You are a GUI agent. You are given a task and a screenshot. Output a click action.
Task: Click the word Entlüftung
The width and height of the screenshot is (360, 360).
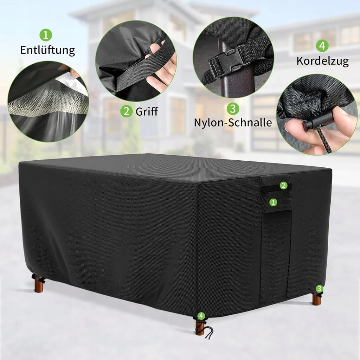point(47,50)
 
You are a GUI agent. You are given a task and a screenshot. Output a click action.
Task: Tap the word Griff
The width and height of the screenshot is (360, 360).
point(147,111)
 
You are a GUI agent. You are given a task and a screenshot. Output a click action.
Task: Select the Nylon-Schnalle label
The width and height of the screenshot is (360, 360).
point(233,123)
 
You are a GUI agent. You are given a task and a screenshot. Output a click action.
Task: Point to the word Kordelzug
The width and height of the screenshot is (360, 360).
point(322,61)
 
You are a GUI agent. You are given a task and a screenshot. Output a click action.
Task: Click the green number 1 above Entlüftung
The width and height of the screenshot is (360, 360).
point(46,35)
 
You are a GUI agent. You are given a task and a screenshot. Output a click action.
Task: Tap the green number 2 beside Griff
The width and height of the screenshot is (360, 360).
point(127,111)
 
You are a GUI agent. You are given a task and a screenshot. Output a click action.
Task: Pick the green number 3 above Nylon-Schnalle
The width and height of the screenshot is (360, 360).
point(233,109)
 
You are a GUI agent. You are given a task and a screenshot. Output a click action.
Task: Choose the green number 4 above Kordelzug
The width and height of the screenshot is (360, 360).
point(322,46)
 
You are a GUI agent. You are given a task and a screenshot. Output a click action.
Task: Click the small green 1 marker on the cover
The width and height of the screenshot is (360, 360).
point(273,202)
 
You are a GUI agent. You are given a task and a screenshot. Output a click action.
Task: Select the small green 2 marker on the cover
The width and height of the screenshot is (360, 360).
point(284,185)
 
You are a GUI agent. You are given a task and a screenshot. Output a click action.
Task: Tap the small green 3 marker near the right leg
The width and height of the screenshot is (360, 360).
point(319,289)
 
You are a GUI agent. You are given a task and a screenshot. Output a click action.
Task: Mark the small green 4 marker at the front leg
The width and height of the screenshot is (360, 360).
point(201,316)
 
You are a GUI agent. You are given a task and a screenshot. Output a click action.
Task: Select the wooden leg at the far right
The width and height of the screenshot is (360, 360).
point(317,299)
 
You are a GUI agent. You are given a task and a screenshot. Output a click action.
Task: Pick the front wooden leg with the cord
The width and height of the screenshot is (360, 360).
point(200,327)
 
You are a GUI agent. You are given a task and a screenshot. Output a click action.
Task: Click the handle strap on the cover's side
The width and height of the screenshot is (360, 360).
point(276,188)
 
